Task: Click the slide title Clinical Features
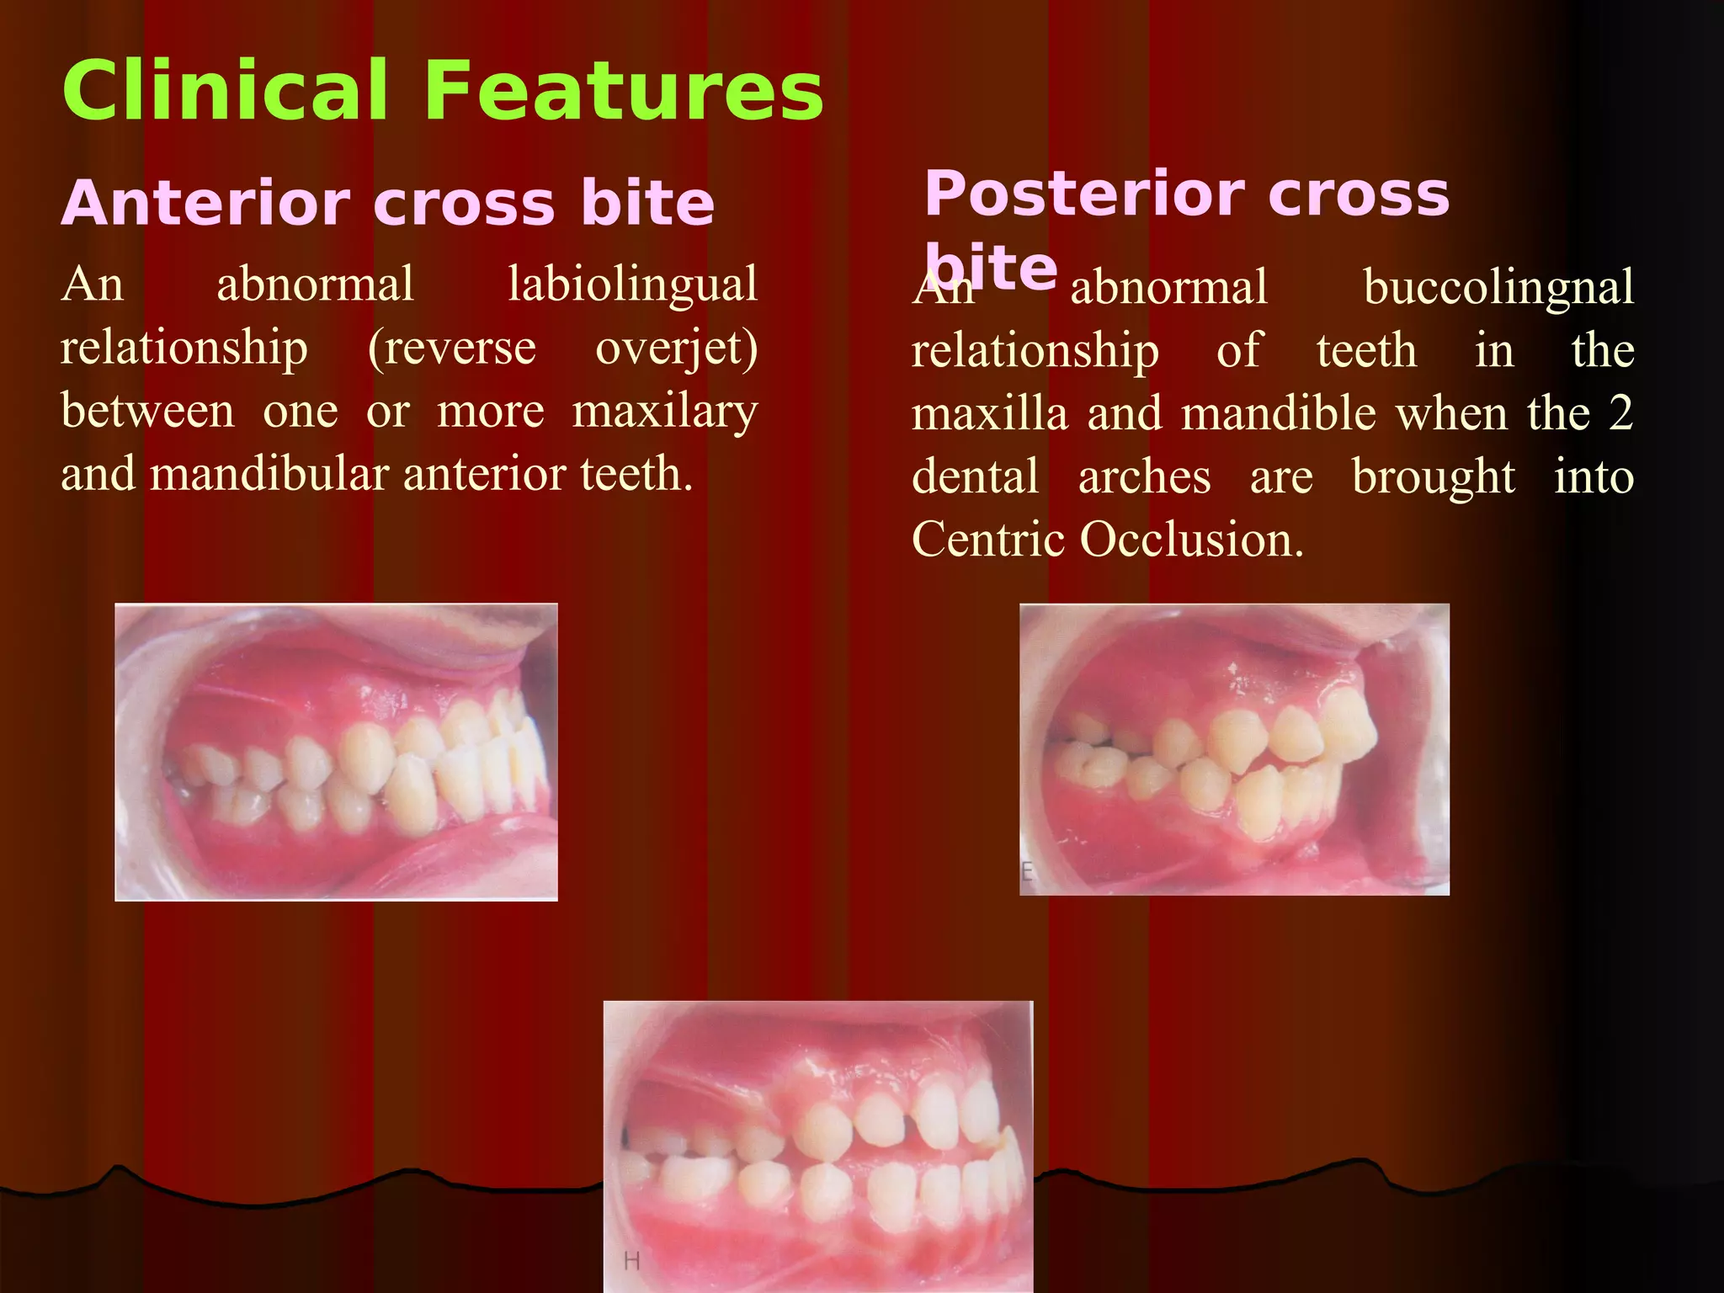(443, 91)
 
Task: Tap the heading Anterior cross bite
(387, 205)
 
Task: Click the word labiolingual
(632, 285)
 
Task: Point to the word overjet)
(676, 348)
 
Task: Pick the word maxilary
(665, 412)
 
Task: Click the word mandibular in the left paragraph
(269, 475)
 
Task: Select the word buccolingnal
(1498, 288)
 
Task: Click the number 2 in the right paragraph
(1620, 413)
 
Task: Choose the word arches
(1145, 477)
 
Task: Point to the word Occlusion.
(1191, 540)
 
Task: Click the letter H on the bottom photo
(631, 1261)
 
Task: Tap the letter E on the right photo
(1027, 872)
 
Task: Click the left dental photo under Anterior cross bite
(336, 752)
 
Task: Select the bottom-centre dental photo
(817, 1145)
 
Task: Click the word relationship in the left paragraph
(184, 349)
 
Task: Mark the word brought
(1434, 477)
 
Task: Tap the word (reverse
(452, 348)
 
